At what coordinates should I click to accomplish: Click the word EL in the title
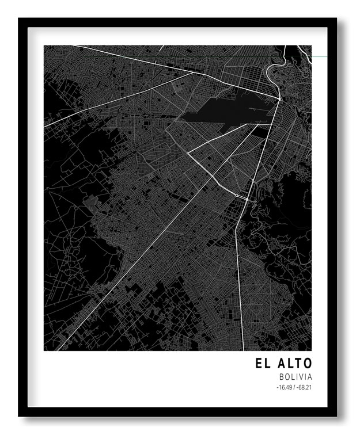263,364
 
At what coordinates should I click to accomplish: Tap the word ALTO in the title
295,364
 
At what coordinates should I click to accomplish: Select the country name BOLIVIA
295,377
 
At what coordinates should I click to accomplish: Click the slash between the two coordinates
294,388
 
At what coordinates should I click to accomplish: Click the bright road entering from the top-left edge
115,54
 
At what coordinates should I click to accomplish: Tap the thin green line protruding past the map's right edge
320,56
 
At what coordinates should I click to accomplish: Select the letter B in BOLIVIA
281,377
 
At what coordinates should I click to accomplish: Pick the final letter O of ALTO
308,364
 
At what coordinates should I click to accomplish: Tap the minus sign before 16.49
277,388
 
